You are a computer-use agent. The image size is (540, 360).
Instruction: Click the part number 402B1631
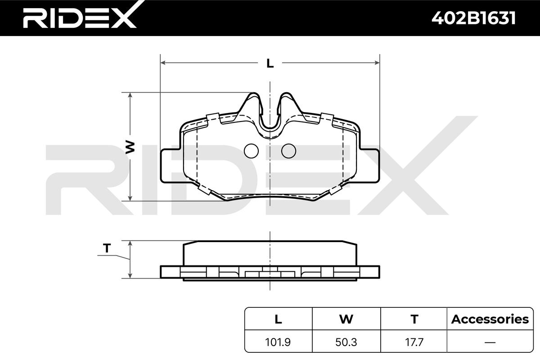(x=473, y=18)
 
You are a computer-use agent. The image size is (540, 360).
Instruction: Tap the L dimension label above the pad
(x=270, y=63)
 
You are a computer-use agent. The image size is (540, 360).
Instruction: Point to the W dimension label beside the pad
(x=130, y=147)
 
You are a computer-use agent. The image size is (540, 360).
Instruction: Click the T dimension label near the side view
(x=107, y=248)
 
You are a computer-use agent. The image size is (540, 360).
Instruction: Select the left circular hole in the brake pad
(x=251, y=151)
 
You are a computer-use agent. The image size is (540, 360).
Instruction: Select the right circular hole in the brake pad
(x=288, y=151)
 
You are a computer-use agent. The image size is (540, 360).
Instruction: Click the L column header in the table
(x=278, y=319)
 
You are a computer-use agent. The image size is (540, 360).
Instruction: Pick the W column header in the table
(x=346, y=319)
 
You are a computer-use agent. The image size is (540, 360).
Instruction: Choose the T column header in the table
(x=414, y=319)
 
